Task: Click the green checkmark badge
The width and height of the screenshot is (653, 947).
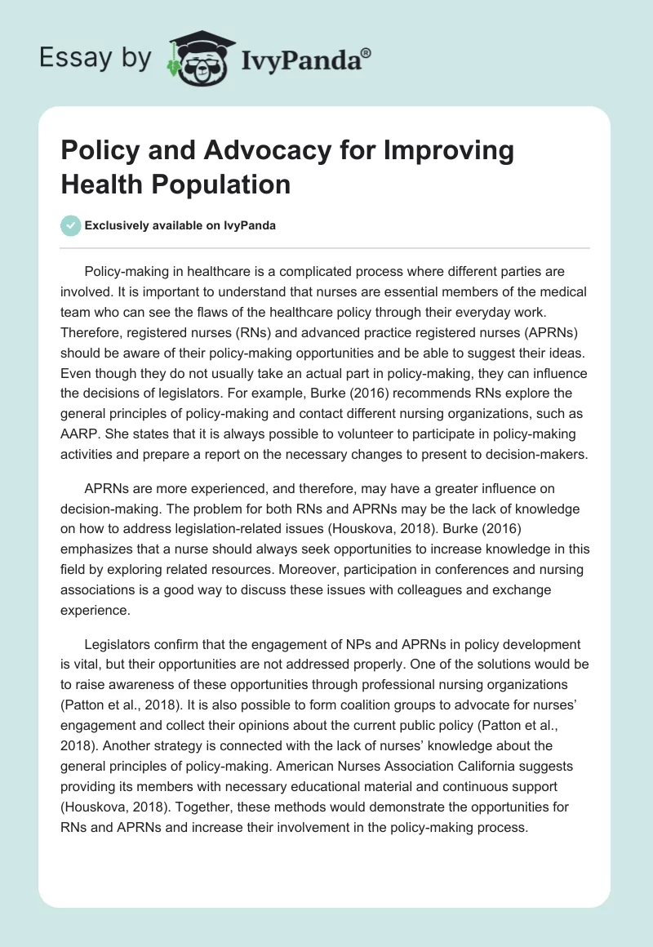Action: click(71, 225)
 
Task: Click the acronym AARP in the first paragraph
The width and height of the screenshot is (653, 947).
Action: click(80, 434)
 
